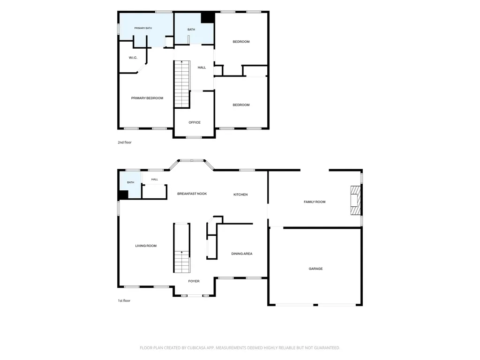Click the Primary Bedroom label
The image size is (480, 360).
click(x=147, y=98)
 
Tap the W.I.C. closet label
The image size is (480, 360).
click(x=133, y=58)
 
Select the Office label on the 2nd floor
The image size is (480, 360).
click(x=195, y=122)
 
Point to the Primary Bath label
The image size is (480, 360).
click(x=143, y=28)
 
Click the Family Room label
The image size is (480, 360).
click(x=315, y=202)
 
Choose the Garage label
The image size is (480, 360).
click(x=315, y=269)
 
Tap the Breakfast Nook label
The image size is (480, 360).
click(x=192, y=194)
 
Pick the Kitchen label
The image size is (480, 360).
click(x=240, y=195)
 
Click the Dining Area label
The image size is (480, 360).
click(x=242, y=254)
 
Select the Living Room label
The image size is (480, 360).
click(x=146, y=246)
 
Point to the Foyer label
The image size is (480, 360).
click(x=194, y=281)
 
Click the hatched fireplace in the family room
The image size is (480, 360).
click(x=356, y=201)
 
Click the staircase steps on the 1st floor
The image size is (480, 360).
click(x=182, y=262)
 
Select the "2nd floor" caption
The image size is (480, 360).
click(x=125, y=142)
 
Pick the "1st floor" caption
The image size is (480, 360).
click(x=124, y=300)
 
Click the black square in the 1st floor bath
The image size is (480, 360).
click(x=123, y=195)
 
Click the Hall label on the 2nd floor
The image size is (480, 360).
click(x=202, y=67)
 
